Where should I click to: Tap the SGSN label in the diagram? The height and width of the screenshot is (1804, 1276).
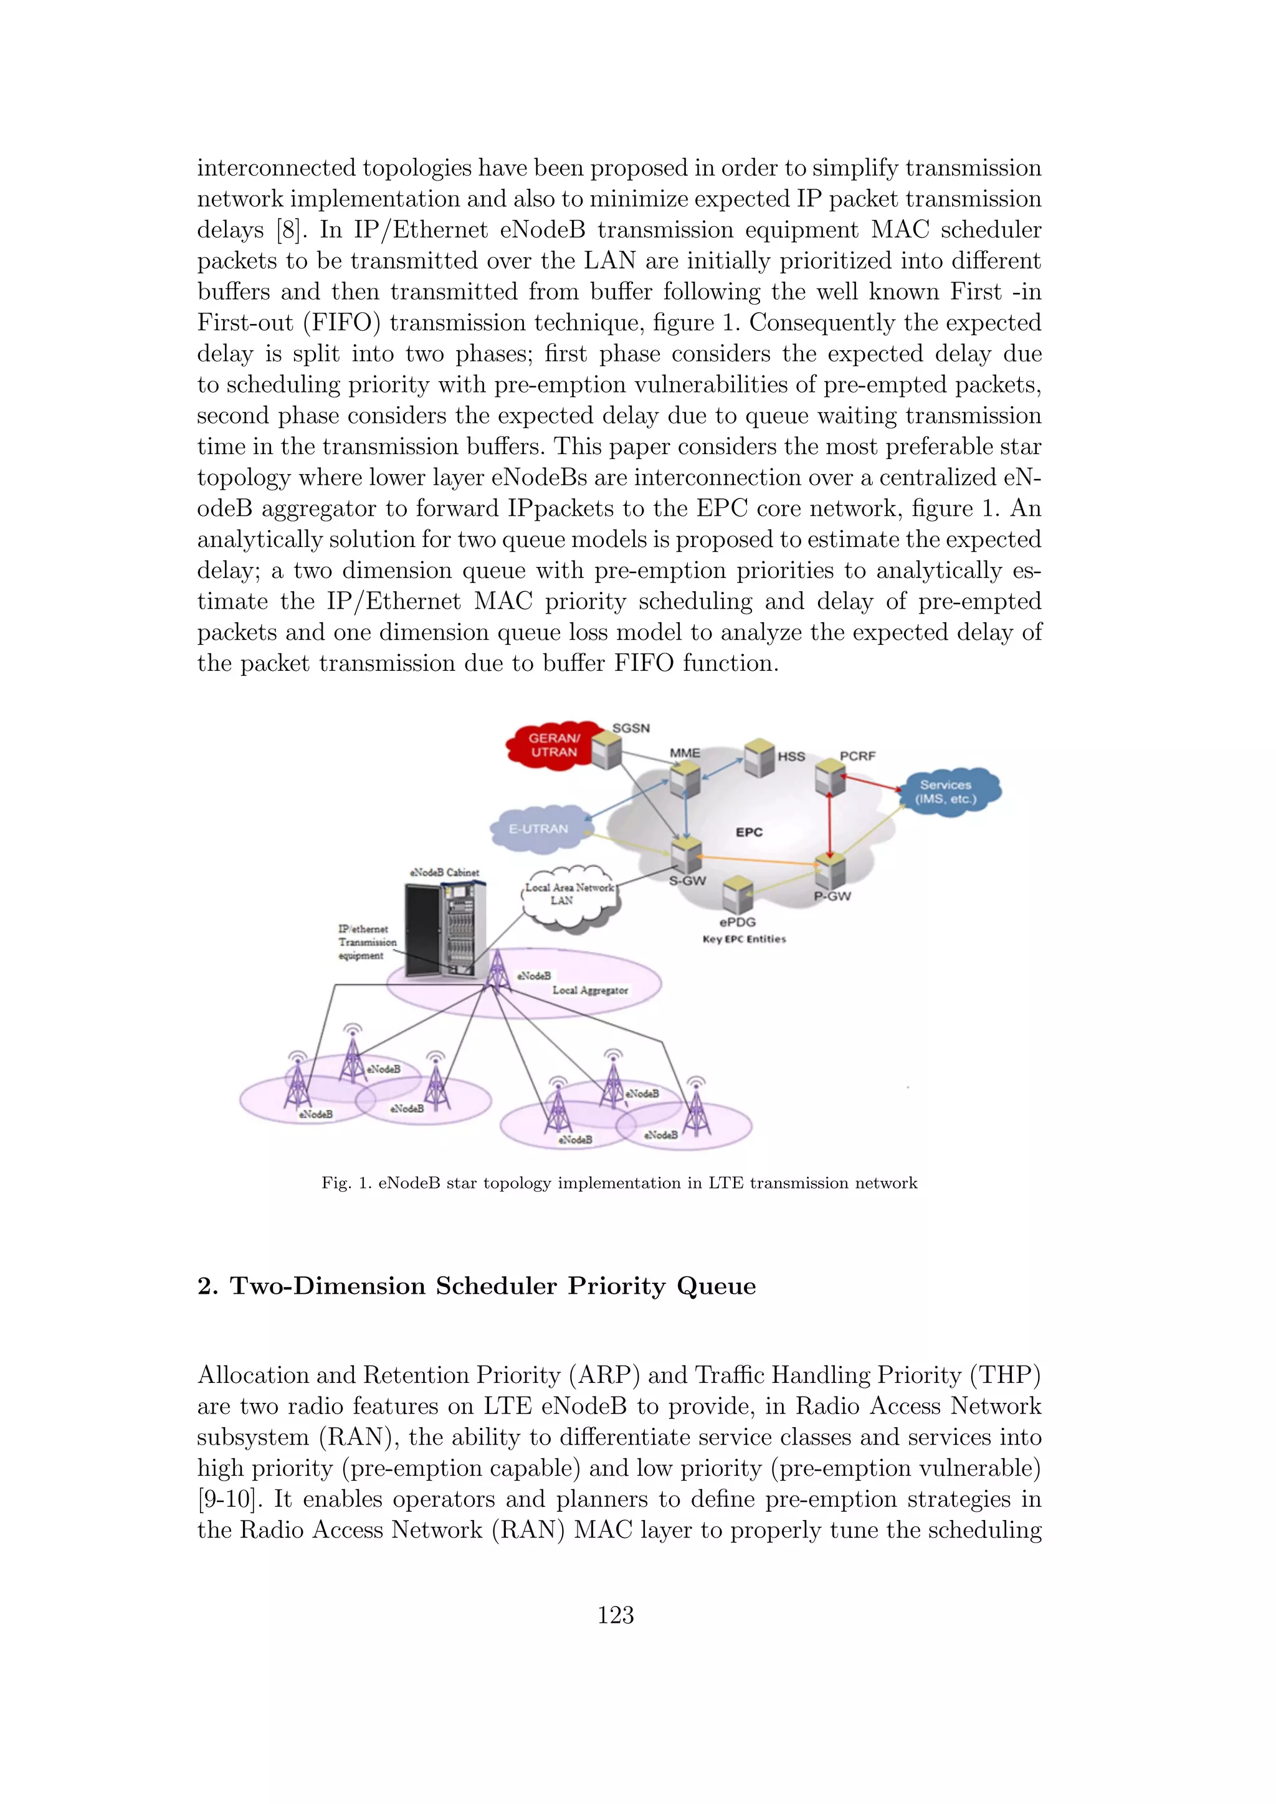tap(631, 728)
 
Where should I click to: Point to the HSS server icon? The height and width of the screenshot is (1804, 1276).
tap(759, 757)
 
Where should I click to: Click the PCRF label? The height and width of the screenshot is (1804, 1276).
tap(857, 756)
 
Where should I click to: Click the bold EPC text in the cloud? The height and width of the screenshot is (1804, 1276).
tap(749, 832)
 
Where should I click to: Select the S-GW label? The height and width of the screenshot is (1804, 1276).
tap(687, 881)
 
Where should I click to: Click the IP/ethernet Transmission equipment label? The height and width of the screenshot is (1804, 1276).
tap(367, 942)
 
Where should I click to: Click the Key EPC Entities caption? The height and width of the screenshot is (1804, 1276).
tap(744, 939)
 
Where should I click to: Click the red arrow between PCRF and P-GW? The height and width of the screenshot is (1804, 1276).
tap(830, 822)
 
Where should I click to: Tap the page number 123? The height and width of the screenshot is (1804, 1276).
tap(616, 1615)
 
